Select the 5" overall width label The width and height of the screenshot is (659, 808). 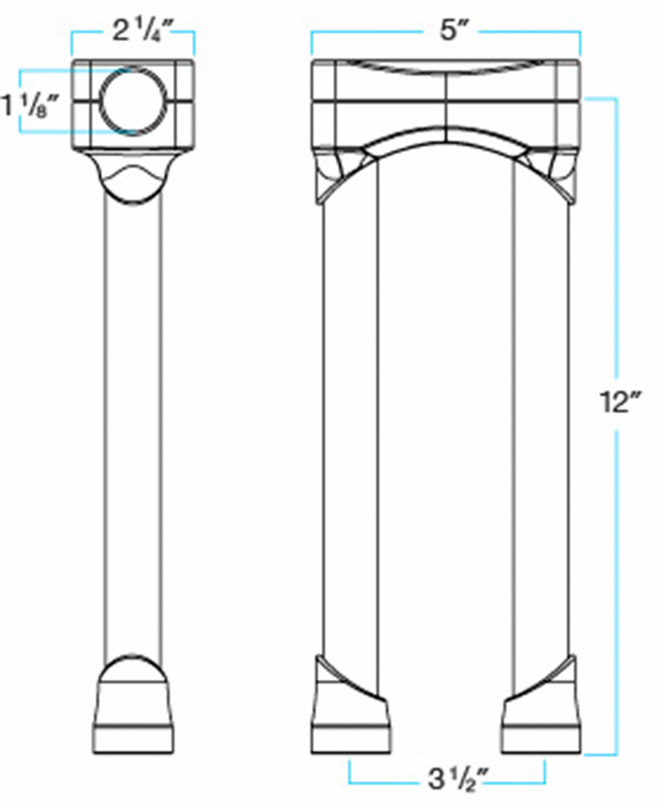(x=448, y=31)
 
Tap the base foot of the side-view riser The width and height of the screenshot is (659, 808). (x=134, y=721)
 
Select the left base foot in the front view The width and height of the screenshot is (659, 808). (x=350, y=721)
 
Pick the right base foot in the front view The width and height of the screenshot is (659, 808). (x=542, y=721)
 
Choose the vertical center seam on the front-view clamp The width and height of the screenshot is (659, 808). (x=447, y=112)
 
